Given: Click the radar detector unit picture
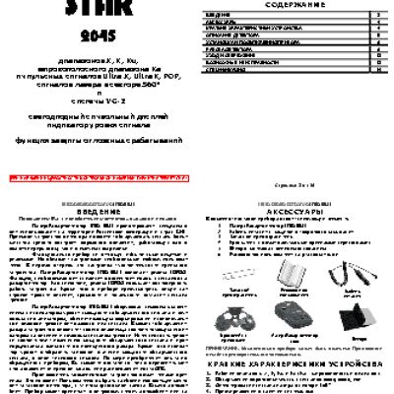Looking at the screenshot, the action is (292, 314).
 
